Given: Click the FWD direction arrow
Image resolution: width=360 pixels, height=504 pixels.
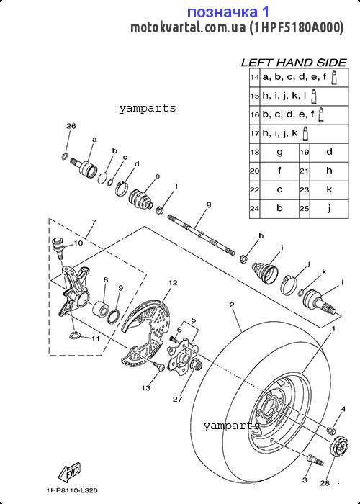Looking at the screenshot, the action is [x=69, y=470].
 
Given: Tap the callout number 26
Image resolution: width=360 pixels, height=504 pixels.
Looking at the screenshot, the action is [x=71, y=126].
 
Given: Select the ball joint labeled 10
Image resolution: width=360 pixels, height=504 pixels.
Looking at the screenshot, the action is [x=58, y=246].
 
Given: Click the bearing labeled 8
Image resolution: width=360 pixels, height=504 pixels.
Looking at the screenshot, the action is [x=100, y=307].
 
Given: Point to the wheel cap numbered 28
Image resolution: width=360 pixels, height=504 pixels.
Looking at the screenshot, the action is [x=338, y=446].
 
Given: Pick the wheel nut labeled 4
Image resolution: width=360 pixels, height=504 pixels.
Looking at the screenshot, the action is [x=332, y=429].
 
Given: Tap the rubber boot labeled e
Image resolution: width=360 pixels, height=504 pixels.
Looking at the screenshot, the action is [x=141, y=198].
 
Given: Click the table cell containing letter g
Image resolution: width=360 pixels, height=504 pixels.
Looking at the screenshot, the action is [x=279, y=152].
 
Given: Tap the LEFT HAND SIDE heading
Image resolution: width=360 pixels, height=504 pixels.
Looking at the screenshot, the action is [x=294, y=63].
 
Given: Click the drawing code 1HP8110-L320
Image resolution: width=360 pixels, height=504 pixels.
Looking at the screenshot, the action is [x=72, y=490].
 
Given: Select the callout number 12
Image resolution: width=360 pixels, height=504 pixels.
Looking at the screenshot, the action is [x=173, y=283].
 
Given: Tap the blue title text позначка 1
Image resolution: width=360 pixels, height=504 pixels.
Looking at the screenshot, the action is [x=228, y=12].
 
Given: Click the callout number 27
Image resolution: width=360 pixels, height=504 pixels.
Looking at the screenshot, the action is [x=177, y=400].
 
